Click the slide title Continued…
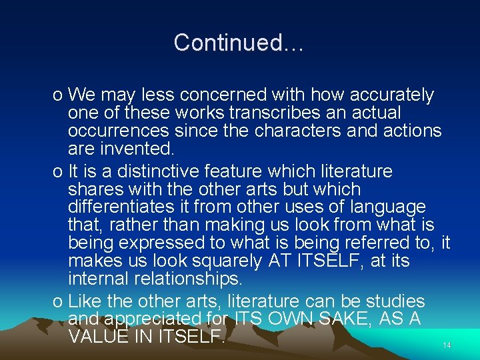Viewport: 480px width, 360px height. tap(239, 43)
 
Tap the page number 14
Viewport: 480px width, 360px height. tap(447, 345)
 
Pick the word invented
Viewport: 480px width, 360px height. tap(139, 148)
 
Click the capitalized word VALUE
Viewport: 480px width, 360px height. tap(99, 337)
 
